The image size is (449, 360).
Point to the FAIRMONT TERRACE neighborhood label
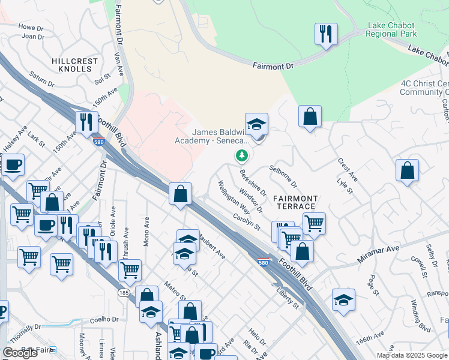(295, 202)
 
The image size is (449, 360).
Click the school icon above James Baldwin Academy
(256, 124)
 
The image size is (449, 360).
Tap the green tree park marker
(242, 156)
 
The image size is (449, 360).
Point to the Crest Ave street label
(348, 170)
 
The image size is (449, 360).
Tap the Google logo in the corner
(20, 353)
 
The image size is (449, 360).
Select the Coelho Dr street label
(103, 319)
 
